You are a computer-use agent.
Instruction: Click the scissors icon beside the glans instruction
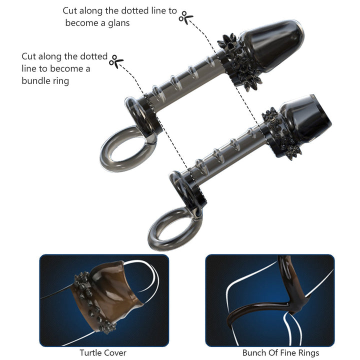point(186,17)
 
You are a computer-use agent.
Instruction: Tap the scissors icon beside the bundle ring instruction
point(116,61)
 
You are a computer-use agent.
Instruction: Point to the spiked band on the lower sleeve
point(280,132)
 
